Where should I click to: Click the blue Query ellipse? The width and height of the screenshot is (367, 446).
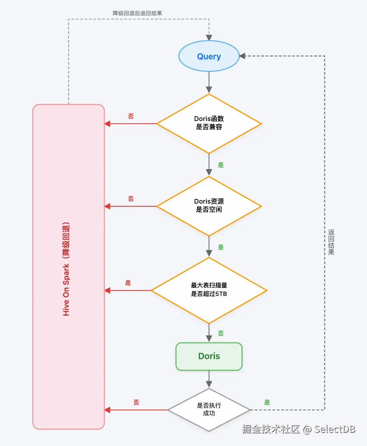(209, 57)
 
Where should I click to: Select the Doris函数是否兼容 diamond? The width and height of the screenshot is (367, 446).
(209, 124)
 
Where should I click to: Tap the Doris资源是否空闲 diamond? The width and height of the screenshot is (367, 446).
(209, 206)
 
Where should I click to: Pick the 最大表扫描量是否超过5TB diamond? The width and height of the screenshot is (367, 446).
(209, 290)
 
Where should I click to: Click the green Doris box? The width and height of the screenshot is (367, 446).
(209, 356)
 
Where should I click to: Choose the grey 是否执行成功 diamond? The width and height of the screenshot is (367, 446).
(209, 410)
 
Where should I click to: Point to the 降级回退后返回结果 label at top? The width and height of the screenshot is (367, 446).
(137, 13)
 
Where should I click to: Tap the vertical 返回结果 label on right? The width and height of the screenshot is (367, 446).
(331, 242)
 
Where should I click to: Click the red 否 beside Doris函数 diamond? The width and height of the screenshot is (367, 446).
(131, 116)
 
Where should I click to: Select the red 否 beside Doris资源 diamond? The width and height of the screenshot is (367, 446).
(131, 199)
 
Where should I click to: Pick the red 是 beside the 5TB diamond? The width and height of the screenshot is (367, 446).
(128, 283)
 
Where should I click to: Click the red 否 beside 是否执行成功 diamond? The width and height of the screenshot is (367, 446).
(136, 403)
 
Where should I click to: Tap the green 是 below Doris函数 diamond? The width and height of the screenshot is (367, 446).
(221, 165)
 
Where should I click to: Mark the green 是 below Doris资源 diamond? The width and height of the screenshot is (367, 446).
(221, 247)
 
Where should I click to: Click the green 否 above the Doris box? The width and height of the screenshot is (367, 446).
(221, 333)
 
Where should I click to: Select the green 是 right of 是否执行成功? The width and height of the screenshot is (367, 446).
(267, 403)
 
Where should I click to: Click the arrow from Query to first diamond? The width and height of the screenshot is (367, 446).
(209, 82)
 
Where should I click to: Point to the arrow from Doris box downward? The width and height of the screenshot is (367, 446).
(209, 379)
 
